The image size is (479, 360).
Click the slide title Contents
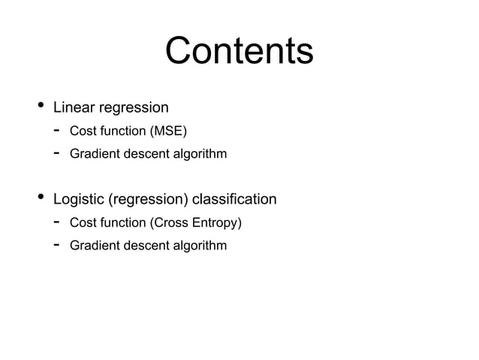(239, 52)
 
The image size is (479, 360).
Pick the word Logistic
(79, 200)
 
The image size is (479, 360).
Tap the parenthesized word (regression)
(149, 200)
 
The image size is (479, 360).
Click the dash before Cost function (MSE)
(56, 131)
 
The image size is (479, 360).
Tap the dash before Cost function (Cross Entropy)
(56, 222)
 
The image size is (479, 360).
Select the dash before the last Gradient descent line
(56, 245)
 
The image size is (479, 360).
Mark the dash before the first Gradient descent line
(56, 153)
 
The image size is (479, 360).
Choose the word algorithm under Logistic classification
(201, 246)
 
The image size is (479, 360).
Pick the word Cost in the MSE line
(82, 132)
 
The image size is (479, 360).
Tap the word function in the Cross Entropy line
(121, 223)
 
